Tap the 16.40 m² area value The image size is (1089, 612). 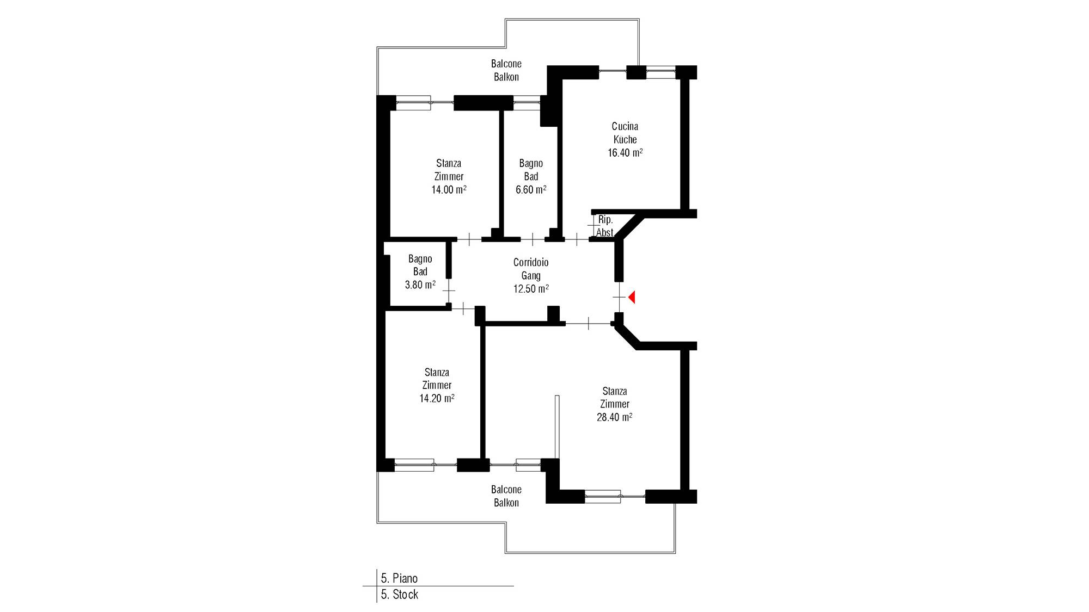[625, 153]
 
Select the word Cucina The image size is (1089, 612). [625, 126]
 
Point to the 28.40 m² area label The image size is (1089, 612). [614, 417]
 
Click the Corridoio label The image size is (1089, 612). [531, 262]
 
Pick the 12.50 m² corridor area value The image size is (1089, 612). [531, 289]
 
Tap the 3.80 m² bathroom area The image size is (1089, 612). [420, 285]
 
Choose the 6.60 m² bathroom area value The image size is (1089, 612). [531, 189]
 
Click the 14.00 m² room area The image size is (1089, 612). [449, 189]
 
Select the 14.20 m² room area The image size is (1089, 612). [437, 398]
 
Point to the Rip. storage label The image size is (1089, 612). [605, 220]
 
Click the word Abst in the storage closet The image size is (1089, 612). [605, 232]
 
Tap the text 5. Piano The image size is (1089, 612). [399, 578]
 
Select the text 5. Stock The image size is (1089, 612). [399, 594]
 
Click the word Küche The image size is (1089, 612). [625, 139]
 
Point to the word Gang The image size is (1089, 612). [531, 275]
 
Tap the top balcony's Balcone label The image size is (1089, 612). [506, 64]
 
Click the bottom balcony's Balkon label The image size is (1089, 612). [506, 503]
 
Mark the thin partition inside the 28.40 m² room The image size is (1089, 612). [557, 427]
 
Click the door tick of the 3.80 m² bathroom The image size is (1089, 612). [449, 291]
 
